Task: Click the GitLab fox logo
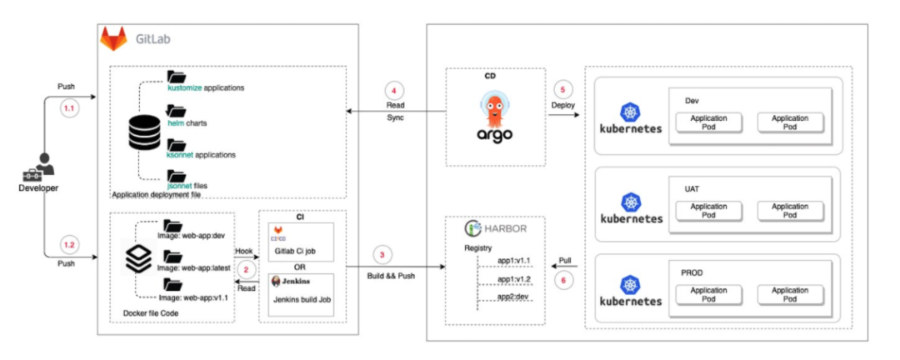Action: tap(113, 38)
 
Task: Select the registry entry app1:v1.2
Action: tap(514, 279)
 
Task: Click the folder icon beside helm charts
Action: tap(176, 112)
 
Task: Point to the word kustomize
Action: tap(184, 87)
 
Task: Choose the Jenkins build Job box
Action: tap(299, 295)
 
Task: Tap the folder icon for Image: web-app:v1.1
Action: tap(172, 284)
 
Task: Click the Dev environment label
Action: tap(692, 101)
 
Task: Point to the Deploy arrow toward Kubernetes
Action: tap(562, 116)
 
